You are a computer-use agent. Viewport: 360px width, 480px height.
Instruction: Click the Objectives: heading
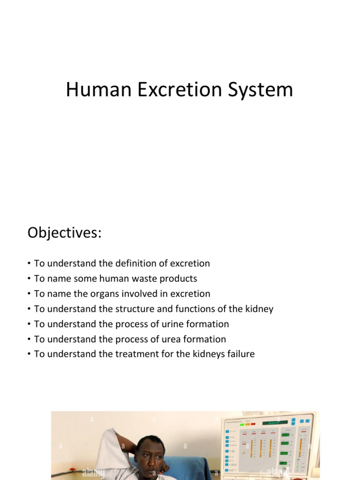(x=64, y=232)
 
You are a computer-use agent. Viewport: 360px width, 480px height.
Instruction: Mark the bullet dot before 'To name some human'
(x=29, y=279)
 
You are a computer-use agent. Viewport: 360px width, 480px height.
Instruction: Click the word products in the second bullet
(x=180, y=278)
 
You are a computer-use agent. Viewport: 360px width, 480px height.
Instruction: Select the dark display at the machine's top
(x=275, y=422)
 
